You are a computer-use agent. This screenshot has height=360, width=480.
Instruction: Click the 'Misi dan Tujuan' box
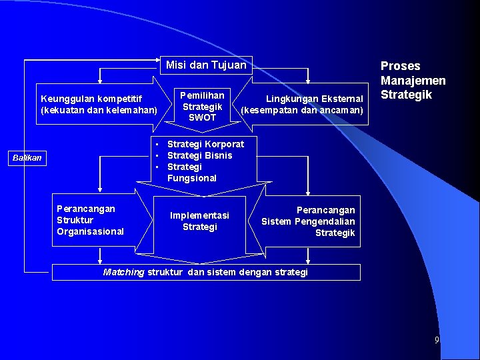205,65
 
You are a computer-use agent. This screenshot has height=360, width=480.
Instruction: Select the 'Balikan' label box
28,158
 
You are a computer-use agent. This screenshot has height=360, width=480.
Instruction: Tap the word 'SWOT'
203,117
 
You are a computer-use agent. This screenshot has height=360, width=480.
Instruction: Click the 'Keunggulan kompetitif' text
91,99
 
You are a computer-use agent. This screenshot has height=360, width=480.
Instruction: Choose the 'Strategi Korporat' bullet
205,144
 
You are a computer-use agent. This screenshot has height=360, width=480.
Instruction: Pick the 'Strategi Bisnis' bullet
199,155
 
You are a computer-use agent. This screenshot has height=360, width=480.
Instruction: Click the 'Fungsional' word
192,178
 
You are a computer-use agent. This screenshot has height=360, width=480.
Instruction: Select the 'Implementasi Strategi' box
199,221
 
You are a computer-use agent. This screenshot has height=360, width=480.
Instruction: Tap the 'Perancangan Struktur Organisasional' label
90,220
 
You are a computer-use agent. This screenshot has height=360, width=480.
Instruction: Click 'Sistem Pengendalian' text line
308,221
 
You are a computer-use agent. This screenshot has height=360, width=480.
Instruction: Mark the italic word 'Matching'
124,272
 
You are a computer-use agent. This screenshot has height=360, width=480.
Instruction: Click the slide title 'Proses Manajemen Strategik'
413,80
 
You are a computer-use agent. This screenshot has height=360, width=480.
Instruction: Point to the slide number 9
437,340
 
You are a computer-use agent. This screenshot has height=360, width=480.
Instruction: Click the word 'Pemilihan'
203,95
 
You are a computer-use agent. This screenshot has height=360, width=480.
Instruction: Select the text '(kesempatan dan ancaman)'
302,110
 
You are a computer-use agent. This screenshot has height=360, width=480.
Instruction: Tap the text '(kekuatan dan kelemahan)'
99,110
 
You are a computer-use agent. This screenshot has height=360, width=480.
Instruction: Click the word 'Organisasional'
90,231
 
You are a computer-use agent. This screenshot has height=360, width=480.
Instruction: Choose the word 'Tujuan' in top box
229,65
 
